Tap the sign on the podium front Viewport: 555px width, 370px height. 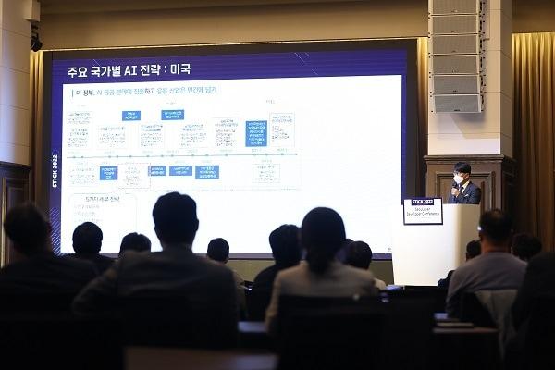point(423,211)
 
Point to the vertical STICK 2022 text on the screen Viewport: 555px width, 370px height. point(55,171)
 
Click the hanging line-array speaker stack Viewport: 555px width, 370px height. point(455,55)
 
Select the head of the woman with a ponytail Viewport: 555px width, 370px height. point(322,236)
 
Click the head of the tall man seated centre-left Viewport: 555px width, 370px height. point(175,218)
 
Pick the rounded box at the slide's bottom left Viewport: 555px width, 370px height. point(102,209)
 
